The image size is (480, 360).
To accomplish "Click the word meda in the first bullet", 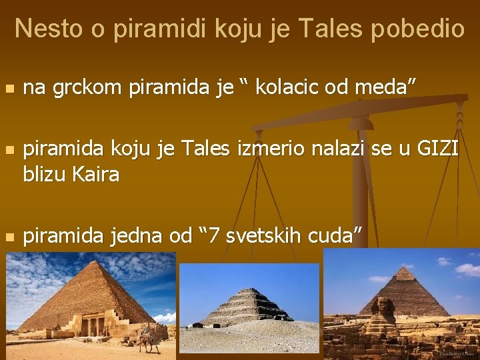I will pos(390,87).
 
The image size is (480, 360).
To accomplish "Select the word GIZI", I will pos(437,149).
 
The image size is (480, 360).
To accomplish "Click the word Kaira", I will pos(95,175).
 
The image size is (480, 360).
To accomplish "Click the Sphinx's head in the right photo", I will pos(385,306).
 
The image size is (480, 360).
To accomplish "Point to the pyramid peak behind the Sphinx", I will pos(405,268).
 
